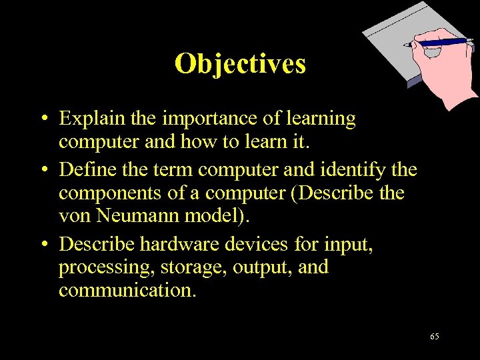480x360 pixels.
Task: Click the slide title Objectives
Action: [x=240, y=64]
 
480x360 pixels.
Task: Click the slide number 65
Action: [x=434, y=337]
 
